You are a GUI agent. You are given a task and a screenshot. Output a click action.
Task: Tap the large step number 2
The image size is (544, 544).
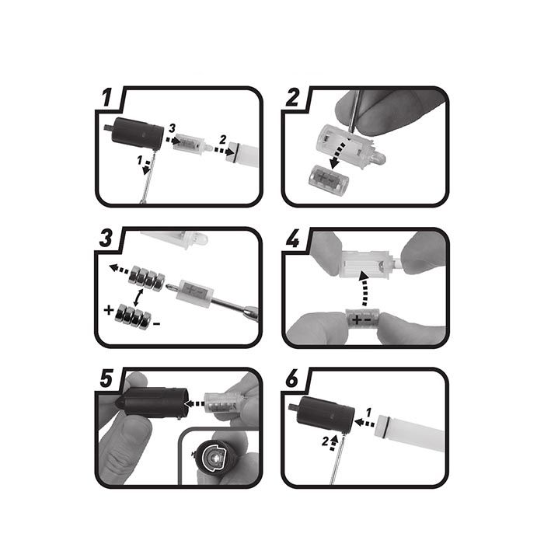[293, 98]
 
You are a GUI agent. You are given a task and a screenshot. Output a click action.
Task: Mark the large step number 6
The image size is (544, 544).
[292, 378]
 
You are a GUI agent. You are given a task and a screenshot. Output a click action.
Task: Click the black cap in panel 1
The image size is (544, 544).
[135, 134]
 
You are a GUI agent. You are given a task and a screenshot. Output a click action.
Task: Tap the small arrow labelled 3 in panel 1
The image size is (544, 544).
[173, 140]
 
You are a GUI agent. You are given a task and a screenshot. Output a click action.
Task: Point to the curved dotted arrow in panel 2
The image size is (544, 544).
[340, 153]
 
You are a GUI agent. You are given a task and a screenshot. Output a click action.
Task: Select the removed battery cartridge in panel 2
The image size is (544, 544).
[328, 179]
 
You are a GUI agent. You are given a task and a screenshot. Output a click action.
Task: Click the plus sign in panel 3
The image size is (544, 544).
[109, 309]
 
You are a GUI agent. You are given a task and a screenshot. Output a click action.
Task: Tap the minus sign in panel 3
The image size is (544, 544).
[156, 324]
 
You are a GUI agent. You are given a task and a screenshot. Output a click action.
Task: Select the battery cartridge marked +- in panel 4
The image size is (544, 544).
[363, 319]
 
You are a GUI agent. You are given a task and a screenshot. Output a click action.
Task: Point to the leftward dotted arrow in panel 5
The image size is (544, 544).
[194, 403]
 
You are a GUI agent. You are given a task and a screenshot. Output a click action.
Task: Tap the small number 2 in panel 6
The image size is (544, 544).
[325, 441]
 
